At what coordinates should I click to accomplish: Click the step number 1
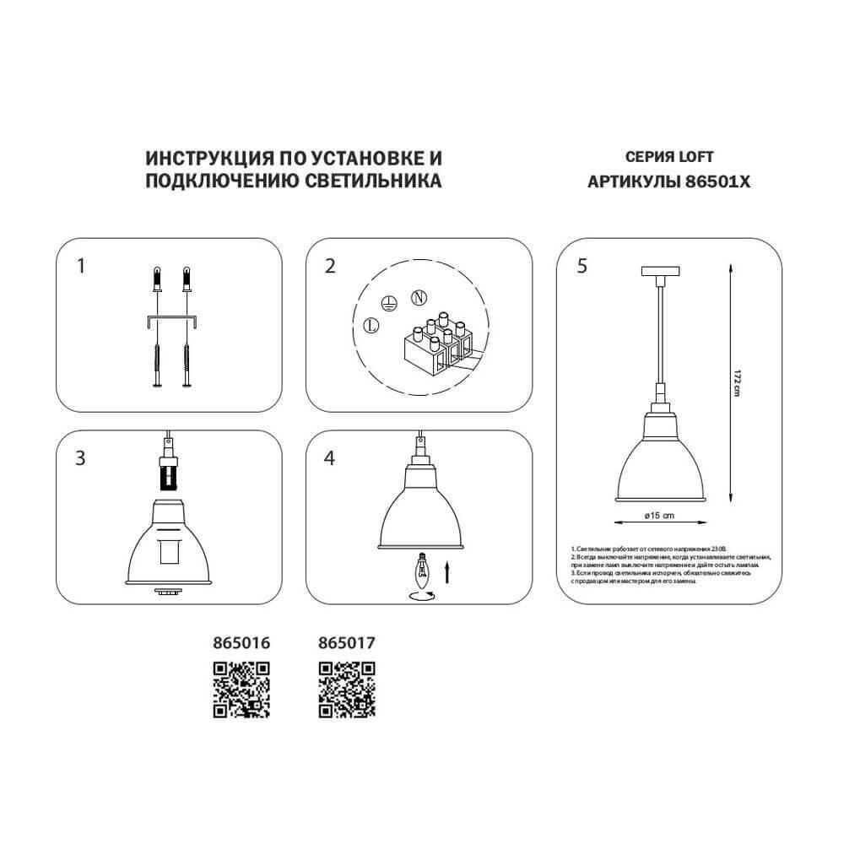[81, 267]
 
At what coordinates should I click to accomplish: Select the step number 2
[330, 267]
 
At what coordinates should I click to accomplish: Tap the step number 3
[81, 459]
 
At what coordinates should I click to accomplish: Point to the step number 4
[330, 459]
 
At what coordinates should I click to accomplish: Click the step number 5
[582, 267]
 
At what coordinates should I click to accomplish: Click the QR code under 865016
[241, 689]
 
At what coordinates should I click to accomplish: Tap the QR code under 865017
[347, 689]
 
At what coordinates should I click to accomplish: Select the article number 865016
[241, 642]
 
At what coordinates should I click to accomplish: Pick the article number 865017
[347, 642]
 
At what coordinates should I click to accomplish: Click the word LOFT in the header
[695, 157]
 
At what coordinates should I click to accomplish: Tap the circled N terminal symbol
[417, 297]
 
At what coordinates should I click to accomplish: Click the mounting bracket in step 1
[171, 321]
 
